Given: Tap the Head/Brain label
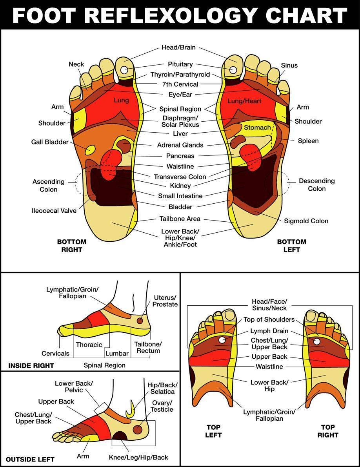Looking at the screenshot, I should (178, 47).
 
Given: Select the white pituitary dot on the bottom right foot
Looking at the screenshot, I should (124, 70).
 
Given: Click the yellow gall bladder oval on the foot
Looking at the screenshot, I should (90, 150).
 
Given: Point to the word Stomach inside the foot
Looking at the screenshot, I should (257, 128).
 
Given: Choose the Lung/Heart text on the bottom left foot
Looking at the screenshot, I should (244, 101).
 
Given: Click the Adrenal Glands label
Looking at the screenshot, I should (180, 145).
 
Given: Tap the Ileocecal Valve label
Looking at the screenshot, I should (54, 211).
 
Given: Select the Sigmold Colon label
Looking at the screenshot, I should (306, 221).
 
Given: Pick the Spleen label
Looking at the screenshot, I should (308, 140).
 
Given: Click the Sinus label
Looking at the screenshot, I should (289, 65).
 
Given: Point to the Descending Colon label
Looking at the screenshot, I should (316, 184).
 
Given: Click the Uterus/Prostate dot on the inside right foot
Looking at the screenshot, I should (140, 321).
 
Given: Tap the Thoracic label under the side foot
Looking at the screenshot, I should (89, 345).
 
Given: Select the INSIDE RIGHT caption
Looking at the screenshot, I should (31, 365).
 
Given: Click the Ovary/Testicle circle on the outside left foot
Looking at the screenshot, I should (137, 429).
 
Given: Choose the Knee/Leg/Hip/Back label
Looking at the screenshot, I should (138, 457).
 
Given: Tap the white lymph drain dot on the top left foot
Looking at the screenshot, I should (222, 340).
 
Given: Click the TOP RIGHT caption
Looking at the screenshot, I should (328, 431).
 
